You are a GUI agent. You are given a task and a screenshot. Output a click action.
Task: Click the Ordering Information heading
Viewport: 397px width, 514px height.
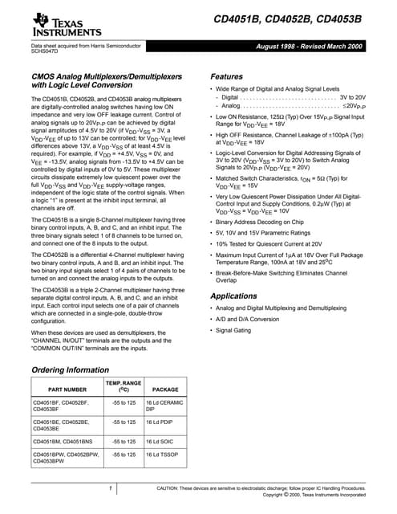[69, 369]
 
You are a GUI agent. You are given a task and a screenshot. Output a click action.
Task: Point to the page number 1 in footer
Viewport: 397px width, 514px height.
[108, 488]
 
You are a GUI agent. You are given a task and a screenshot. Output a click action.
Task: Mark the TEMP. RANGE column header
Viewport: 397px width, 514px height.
[124, 386]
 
